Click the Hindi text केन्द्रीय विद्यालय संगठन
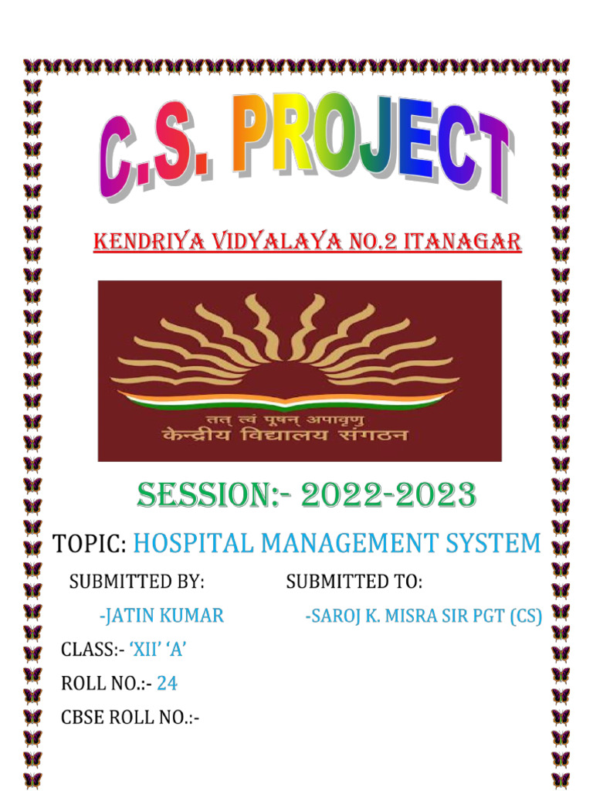(285, 437)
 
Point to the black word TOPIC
(89, 543)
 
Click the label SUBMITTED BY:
(137, 582)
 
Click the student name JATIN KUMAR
(162, 616)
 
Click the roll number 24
(167, 684)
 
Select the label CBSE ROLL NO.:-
(130, 718)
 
